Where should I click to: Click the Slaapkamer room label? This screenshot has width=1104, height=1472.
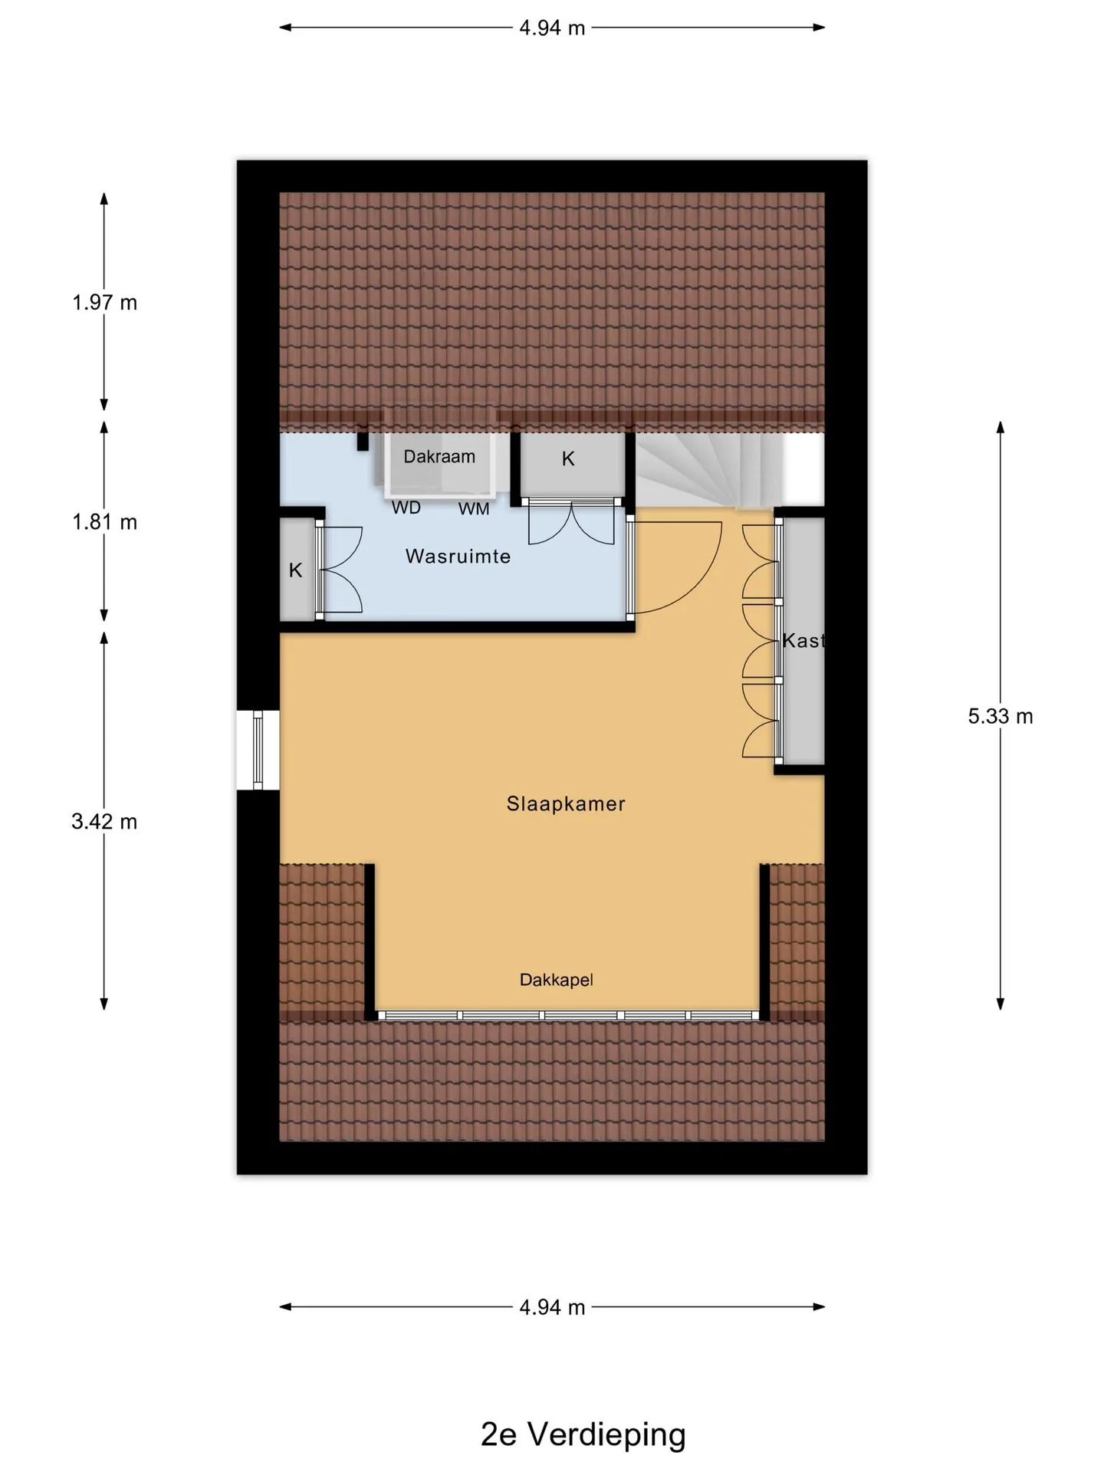coord(566,803)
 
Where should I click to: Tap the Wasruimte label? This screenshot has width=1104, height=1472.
coord(458,556)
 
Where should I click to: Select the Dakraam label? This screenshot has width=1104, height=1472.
coord(439,456)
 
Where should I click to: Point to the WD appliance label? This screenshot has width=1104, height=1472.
coord(406,508)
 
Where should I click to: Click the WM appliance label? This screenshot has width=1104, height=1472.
coord(474,508)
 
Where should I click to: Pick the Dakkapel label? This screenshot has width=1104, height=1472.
coord(557,979)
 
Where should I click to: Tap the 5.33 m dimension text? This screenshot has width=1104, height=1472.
coord(1001,716)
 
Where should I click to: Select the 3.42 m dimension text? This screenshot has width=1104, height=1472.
coord(104,822)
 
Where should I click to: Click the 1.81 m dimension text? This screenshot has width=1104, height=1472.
coord(104,522)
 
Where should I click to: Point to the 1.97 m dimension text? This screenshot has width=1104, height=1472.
coord(104,303)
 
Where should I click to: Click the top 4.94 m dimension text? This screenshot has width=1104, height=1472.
coord(552,28)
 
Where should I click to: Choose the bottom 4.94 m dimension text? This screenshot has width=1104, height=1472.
coord(552,1307)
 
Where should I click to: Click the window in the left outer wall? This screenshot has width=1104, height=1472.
coord(258,750)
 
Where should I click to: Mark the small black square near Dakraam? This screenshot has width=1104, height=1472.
coord(363,442)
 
